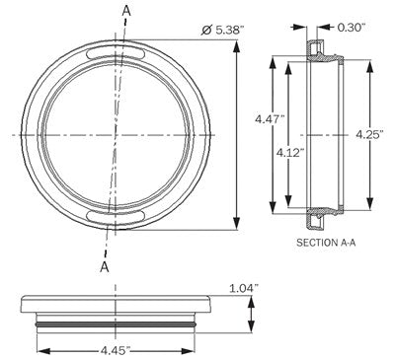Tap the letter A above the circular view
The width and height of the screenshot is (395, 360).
(x=125, y=11)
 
